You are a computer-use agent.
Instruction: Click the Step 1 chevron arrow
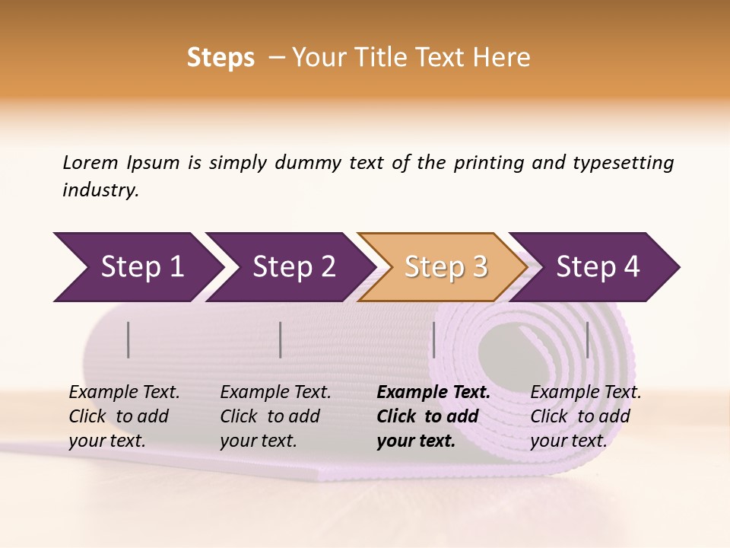(137, 267)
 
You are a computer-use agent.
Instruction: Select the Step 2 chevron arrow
(289, 267)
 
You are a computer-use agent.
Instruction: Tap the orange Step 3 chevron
(443, 267)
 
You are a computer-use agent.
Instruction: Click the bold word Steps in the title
(221, 58)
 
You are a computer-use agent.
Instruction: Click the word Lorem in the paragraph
(90, 163)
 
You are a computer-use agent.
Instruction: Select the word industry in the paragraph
(100, 190)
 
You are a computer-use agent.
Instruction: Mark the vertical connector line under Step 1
(129, 339)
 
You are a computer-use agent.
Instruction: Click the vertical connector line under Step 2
(281, 339)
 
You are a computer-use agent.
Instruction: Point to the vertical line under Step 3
(434, 339)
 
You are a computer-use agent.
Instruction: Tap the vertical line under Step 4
(588, 339)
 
